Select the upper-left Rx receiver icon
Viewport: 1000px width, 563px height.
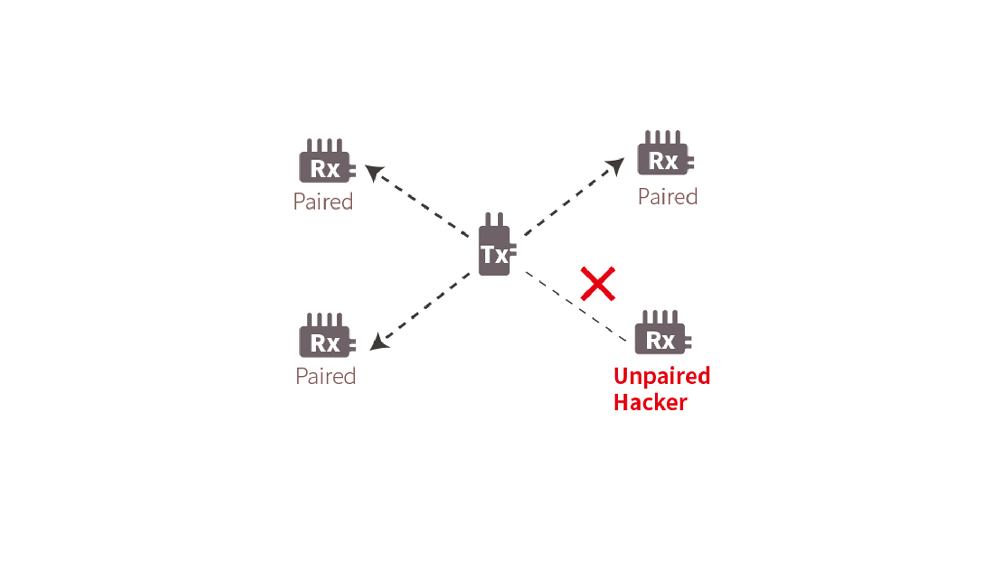325,167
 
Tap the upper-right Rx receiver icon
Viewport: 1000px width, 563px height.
663,159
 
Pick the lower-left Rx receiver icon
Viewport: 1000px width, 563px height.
325,341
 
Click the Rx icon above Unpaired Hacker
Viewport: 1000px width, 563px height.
660,339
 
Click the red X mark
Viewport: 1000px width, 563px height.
598,284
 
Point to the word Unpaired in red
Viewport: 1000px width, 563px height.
661,376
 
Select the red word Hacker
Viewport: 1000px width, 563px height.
651,402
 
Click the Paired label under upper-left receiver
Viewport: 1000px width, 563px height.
323,202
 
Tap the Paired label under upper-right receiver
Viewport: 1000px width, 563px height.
668,197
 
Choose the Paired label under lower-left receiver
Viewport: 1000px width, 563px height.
326,376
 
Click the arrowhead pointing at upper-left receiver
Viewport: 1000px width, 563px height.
373,172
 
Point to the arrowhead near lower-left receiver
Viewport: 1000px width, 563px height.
379,343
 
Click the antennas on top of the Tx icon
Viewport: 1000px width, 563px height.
494,219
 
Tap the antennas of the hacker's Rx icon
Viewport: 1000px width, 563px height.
660,316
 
